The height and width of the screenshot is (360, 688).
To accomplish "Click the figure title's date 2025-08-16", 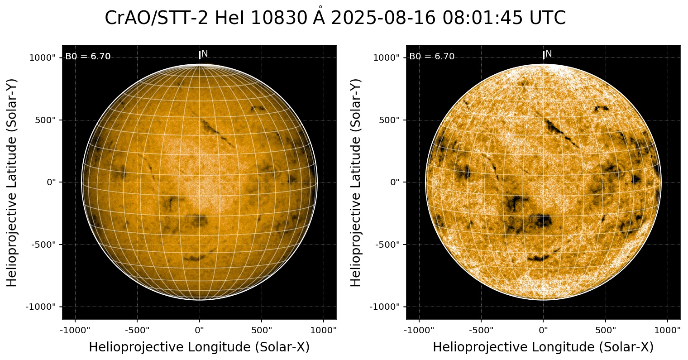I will pyautogui.click(x=384, y=19).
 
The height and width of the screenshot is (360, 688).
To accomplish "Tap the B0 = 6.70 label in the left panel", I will pyautogui.click(x=88, y=57).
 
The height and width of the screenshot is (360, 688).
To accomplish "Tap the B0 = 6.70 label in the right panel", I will pyautogui.click(x=432, y=57).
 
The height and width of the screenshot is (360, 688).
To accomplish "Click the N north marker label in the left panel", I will pyautogui.click(x=205, y=54).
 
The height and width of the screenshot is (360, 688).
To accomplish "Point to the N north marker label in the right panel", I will pyautogui.click(x=549, y=54).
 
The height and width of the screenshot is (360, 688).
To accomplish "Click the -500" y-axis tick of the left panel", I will pyautogui.click(x=43, y=245).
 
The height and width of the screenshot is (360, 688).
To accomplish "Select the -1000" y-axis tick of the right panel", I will pyautogui.click(x=386, y=307).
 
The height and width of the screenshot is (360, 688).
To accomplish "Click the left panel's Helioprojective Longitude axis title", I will pyautogui.click(x=199, y=347).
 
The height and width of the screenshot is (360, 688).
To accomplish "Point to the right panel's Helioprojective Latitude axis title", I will pyautogui.click(x=356, y=182).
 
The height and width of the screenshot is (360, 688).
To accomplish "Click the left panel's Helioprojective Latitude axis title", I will pyautogui.click(x=12, y=182).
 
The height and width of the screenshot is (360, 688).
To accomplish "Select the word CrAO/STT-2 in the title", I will pyautogui.click(x=157, y=19).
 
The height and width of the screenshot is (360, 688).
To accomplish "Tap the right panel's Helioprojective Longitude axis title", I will pyautogui.click(x=543, y=347).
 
